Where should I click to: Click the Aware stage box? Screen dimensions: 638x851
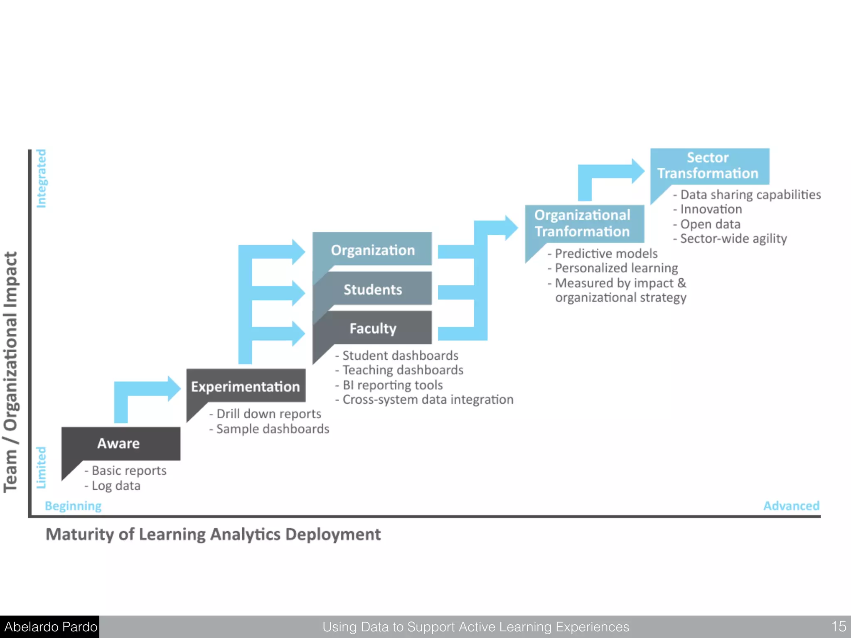[121, 443]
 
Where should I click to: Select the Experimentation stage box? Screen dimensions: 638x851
[246, 386]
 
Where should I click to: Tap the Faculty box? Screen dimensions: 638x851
[372, 328]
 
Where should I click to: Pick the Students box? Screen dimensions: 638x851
[372, 289]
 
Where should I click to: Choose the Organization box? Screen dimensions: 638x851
[372, 250]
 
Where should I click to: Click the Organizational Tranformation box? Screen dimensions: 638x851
[584, 223]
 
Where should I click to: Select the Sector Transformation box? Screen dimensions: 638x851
[709, 166]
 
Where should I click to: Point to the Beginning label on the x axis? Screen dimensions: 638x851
[73, 506]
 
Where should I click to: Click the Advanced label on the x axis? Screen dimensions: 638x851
[791, 506]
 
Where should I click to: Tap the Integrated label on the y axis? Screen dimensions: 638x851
[41, 179]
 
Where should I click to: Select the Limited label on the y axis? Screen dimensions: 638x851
[41, 467]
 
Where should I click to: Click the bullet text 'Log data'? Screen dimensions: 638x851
[116, 486]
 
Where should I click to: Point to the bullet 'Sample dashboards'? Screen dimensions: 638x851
[273, 429]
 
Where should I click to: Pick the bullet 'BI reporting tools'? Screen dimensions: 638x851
[392, 385]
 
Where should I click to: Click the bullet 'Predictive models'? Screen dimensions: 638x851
[606, 253]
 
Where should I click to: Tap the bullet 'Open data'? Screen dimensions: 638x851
[710, 224]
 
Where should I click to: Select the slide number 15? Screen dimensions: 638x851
[838, 626]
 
